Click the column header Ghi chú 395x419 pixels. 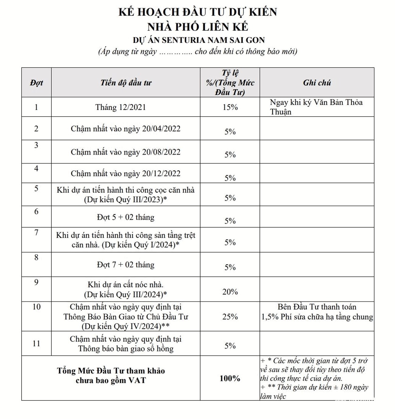pos(317,83)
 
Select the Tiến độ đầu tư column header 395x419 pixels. pos(126,83)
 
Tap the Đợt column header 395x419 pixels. pos(36,83)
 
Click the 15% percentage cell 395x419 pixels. pos(230,107)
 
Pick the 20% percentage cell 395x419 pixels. pos(230,292)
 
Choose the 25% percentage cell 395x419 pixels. pos(230,317)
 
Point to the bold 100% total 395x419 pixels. pos(230,378)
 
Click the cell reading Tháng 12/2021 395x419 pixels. pos(121,107)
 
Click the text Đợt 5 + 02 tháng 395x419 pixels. pos(126,217)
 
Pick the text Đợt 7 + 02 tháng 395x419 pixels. pos(126,265)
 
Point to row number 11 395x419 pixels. pos(36,344)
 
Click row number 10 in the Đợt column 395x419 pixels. pos(36,307)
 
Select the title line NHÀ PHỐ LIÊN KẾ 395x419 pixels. pos(198,27)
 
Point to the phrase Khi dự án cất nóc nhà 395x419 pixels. pos(126,285)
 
